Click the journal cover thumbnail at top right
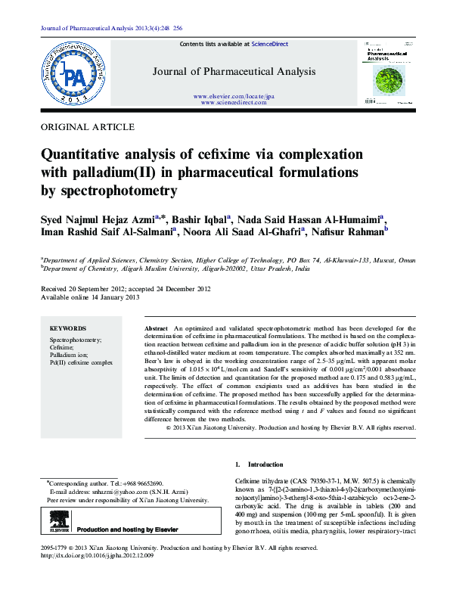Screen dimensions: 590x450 388,72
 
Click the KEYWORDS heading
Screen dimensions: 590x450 67,329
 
